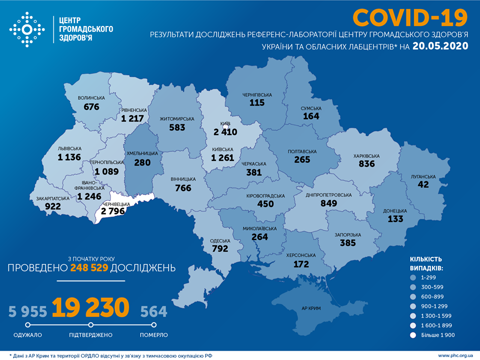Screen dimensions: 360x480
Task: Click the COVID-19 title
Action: [410, 17]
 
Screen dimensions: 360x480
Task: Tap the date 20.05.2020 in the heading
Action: [440, 46]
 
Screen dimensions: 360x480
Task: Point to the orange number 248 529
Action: [89, 268]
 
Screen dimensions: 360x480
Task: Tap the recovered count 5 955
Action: [28, 312]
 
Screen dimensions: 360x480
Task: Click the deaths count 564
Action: [153, 312]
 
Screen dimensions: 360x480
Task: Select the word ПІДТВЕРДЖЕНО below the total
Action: [91, 334]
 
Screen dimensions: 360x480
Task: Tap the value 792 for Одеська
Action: [220, 247]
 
